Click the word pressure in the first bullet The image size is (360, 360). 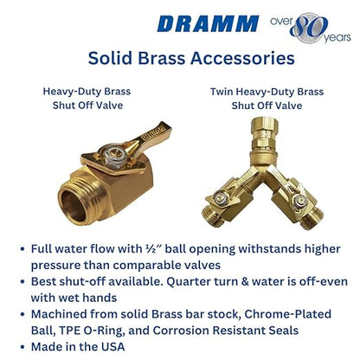point(61,264)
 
